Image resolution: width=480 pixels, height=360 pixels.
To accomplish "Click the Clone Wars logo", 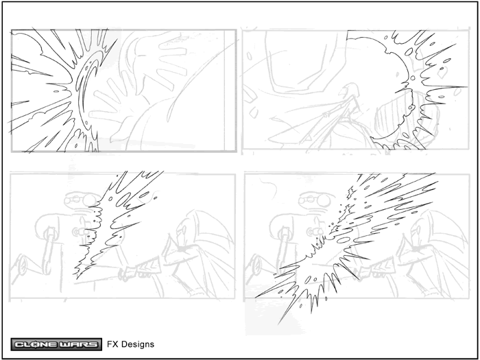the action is coord(56,344).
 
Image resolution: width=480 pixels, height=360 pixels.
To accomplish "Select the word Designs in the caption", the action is coord(138,345).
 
